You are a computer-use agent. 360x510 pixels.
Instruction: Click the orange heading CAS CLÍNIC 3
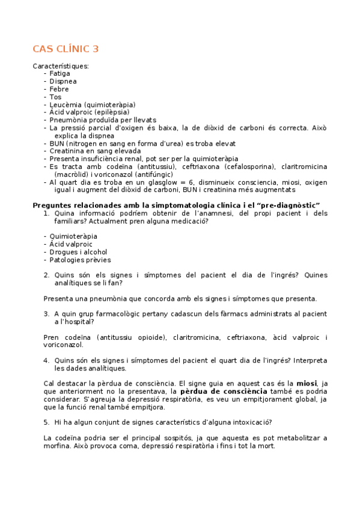66,49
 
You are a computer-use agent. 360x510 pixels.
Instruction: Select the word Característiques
61,66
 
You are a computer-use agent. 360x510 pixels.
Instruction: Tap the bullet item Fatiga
59,73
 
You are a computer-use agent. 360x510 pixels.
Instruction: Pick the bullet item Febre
59,89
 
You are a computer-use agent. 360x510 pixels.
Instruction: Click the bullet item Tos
55,97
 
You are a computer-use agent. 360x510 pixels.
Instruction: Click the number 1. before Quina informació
46,214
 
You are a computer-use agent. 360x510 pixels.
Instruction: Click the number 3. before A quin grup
46,314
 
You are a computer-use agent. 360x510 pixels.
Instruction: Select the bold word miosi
307,383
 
